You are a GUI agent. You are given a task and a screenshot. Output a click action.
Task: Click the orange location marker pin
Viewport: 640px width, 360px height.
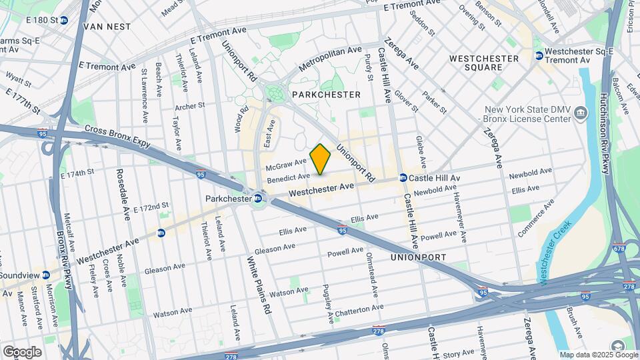pyautogui.click(x=321, y=159)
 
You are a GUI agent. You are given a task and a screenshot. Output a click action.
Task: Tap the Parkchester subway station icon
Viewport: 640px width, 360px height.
pyautogui.click(x=257, y=198)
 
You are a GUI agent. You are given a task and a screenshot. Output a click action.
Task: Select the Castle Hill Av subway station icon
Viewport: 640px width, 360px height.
pyautogui.click(x=403, y=178)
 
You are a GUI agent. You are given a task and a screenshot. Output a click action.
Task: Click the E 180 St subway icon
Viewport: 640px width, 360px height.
pyautogui.click(x=63, y=20)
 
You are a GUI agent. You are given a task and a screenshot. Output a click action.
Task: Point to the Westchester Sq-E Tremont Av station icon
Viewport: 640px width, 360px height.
pyautogui.click(x=538, y=55)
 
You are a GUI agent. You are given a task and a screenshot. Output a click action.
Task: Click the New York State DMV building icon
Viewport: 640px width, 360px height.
pyautogui.click(x=581, y=113)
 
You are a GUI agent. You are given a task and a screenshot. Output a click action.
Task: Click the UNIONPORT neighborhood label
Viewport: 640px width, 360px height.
pyautogui.click(x=417, y=256)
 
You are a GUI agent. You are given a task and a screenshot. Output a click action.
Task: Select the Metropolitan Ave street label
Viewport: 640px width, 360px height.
pyautogui.click(x=330, y=59)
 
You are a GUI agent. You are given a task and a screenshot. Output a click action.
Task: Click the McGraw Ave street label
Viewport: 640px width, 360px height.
pyautogui.click(x=285, y=161)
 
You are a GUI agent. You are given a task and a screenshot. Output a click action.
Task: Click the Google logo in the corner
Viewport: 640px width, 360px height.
pyautogui.click(x=22, y=351)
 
